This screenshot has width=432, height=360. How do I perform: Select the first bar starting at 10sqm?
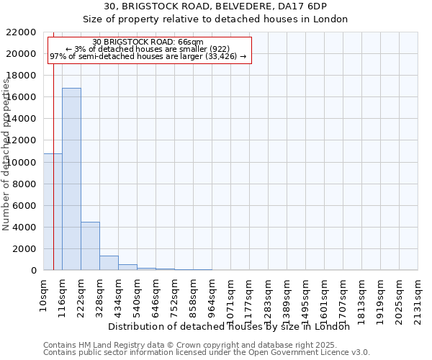(53, 212)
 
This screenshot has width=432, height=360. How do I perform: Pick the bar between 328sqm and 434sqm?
(109, 263)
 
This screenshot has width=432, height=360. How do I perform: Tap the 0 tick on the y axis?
(33, 271)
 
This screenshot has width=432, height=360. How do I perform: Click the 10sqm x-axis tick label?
(44, 293)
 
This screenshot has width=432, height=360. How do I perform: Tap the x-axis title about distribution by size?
(233, 326)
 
